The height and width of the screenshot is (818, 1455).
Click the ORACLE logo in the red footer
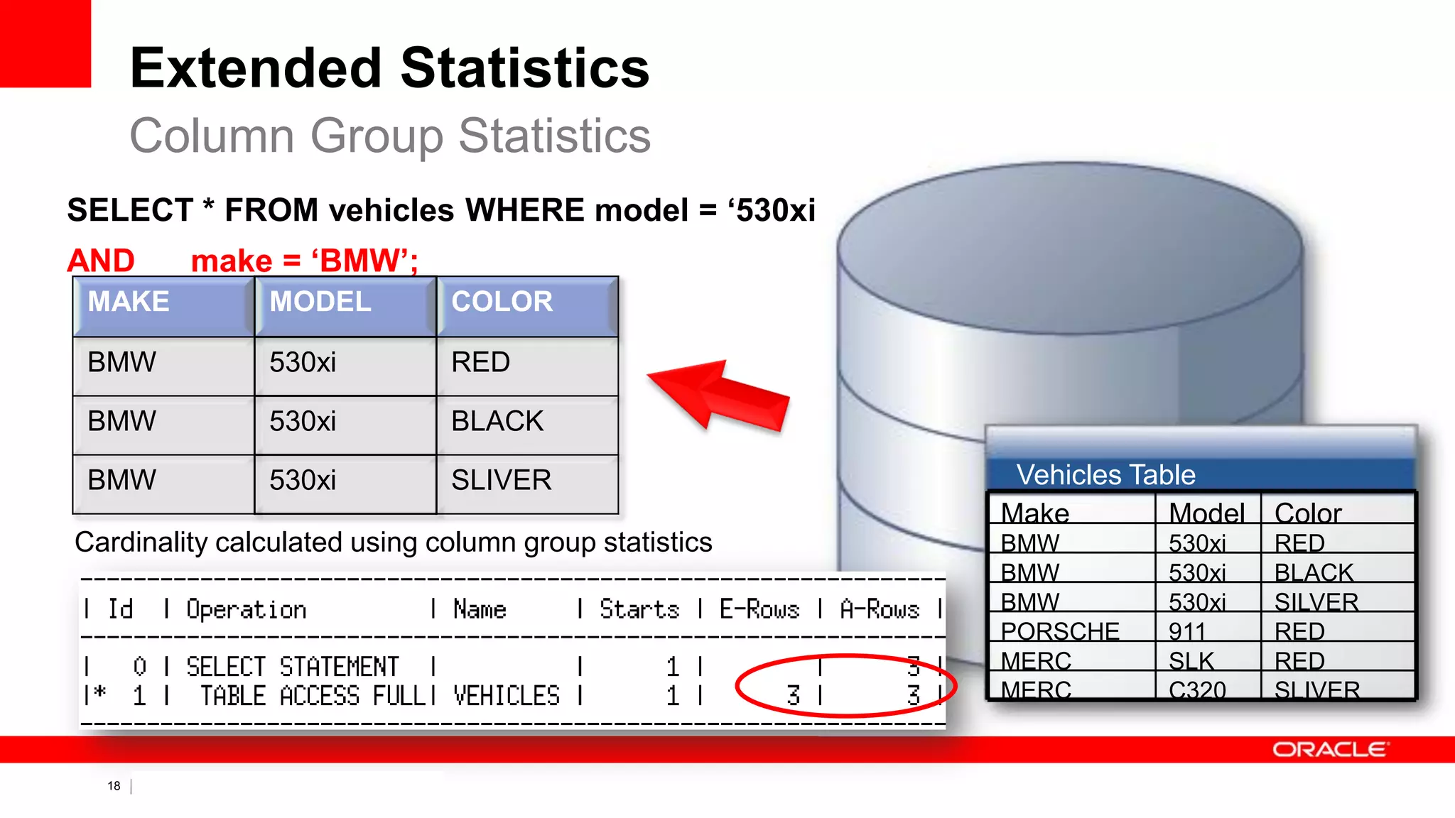coord(1329,750)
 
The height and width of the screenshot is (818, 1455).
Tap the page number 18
coord(114,786)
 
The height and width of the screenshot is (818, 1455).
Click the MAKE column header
coord(129,302)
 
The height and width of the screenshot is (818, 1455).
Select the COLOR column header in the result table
coord(502,302)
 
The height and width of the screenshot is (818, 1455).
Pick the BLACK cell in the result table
coord(497,422)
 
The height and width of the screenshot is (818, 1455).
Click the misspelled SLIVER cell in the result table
coord(502,481)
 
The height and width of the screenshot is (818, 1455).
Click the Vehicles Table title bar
coord(1106,474)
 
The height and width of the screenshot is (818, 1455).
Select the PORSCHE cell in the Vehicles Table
coord(1060,631)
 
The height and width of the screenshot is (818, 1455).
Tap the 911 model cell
coord(1187,631)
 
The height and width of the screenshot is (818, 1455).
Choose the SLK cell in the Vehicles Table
coord(1191,661)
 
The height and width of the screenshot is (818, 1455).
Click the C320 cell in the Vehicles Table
coord(1197,689)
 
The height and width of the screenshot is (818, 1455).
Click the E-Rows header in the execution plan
coord(759,609)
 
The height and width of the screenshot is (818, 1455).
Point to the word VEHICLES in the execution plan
coord(507,696)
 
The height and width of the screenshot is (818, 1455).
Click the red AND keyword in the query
coord(101,261)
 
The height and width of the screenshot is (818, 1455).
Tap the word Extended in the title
coord(256,68)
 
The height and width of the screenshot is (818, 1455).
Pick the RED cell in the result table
coord(481,363)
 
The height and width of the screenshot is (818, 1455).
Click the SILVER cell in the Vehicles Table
coord(1316,602)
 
